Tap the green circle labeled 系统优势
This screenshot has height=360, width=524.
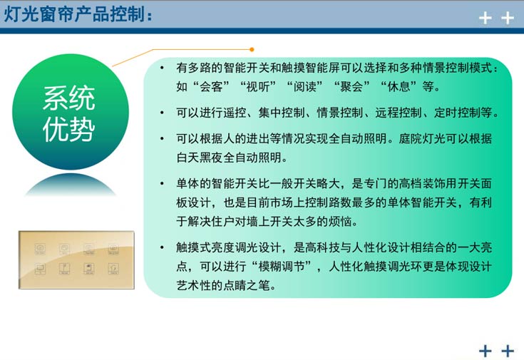click(x=69, y=113)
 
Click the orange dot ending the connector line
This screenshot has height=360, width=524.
click(x=251, y=49)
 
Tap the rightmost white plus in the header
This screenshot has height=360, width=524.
click(x=508, y=18)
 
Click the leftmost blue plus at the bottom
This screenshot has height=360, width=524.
click(x=486, y=350)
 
